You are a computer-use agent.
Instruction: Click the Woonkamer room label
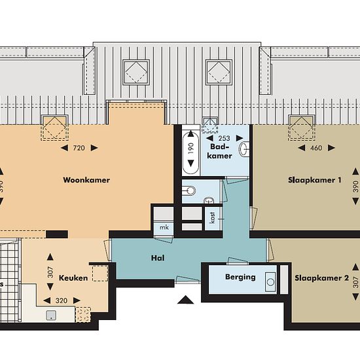pos(86,180)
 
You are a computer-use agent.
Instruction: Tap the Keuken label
pos(73,278)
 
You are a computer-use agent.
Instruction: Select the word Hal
pos(158,258)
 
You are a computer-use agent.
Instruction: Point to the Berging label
pos(240,277)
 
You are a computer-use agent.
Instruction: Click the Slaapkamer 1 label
pos(315,180)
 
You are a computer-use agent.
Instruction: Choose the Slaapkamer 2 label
pos(321,278)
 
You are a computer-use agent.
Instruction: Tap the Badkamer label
pos(219,151)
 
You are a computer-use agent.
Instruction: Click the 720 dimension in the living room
pos(79,148)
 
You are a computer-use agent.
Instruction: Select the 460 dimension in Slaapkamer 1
pos(316,148)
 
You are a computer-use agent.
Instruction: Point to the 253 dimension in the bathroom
pos(224,138)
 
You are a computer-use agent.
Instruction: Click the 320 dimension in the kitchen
pos(62,300)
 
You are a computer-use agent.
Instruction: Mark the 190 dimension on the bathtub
pos(190,149)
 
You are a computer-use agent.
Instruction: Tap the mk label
pos(164,227)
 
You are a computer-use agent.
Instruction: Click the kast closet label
pos(212,217)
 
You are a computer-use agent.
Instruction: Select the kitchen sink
pos(51,315)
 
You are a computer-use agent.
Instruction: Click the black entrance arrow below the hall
pos(185,300)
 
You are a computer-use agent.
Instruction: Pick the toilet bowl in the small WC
pos(189,190)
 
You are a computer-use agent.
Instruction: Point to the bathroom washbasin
pos(244,149)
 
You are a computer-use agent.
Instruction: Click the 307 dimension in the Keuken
pos(50,272)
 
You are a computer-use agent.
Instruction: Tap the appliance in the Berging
pos(270,282)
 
